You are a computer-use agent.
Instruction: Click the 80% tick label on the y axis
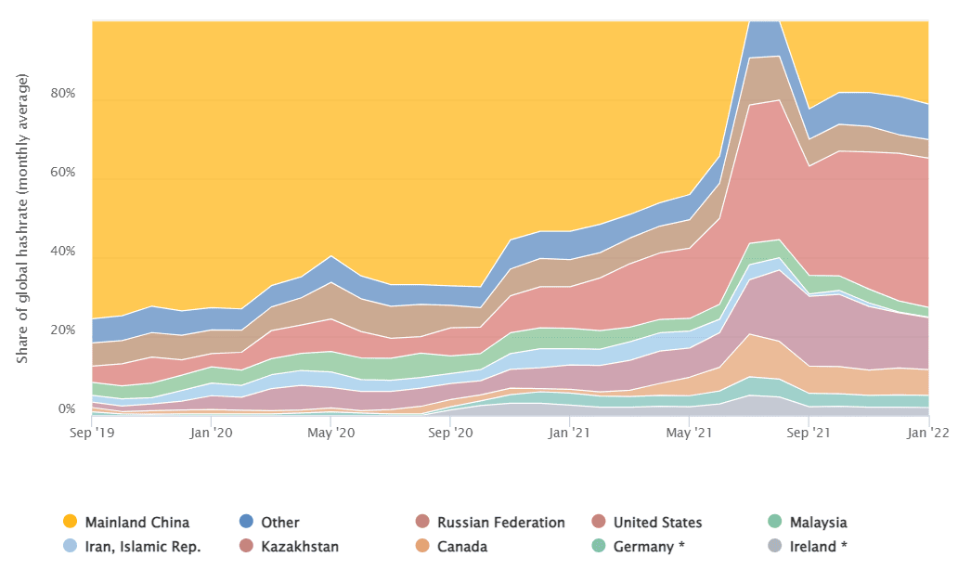coord(63,95)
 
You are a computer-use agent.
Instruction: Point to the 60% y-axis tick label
coord(63,174)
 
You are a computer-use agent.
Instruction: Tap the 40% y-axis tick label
coord(63,253)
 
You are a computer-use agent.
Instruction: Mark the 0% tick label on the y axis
coord(67,409)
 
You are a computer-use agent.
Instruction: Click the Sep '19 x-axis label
coord(93,432)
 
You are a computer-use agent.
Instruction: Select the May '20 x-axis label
coord(331,432)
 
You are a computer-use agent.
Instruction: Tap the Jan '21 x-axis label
coord(569,432)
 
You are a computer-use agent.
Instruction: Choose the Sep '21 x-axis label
coord(809,432)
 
